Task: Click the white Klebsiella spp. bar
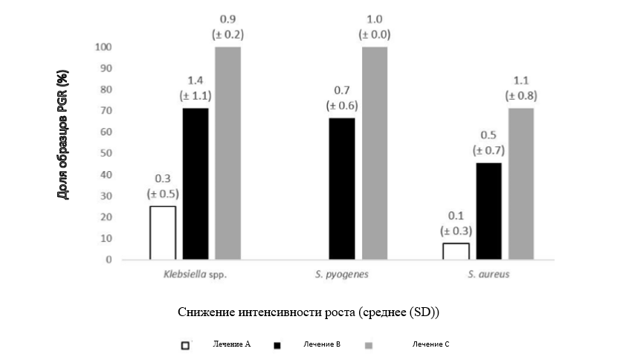click(163, 233)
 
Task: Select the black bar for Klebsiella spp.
click(195, 184)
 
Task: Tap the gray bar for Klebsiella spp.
click(227, 153)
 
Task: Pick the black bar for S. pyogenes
click(341, 189)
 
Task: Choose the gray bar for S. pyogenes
click(374, 153)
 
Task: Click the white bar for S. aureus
click(456, 251)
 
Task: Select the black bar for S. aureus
click(488, 211)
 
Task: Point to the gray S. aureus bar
click(520, 184)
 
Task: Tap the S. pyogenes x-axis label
click(342, 274)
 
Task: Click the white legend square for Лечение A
click(184, 345)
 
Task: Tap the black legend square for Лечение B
click(279, 345)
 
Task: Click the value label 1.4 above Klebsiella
click(195, 80)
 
